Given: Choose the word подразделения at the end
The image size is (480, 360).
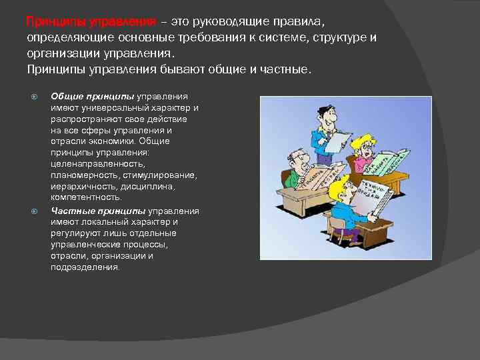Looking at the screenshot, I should click(85, 267).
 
